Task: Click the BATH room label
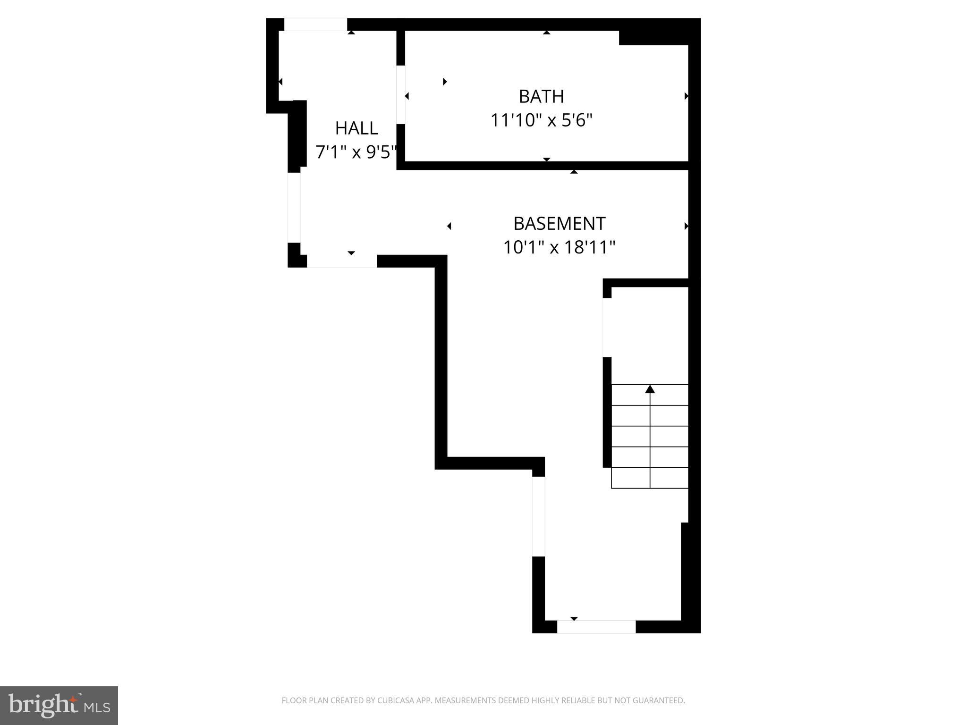tap(541, 96)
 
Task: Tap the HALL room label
tap(356, 128)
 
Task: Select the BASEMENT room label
tap(559, 223)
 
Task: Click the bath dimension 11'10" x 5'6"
tap(541, 120)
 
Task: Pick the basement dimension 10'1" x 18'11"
tap(559, 247)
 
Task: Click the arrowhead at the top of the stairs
tap(650, 389)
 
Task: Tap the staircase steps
tap(650, 437)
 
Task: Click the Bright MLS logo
tap(59, 705)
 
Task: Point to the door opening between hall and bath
tap(401, 94)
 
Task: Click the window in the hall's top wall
tap(315, 25)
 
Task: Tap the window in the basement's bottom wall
tap(596, 626)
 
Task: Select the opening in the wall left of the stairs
tap(607, 328)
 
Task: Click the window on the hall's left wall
tap(294, 208)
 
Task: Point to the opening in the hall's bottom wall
tap(342, 261)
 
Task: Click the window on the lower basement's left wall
tap(538, 516)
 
